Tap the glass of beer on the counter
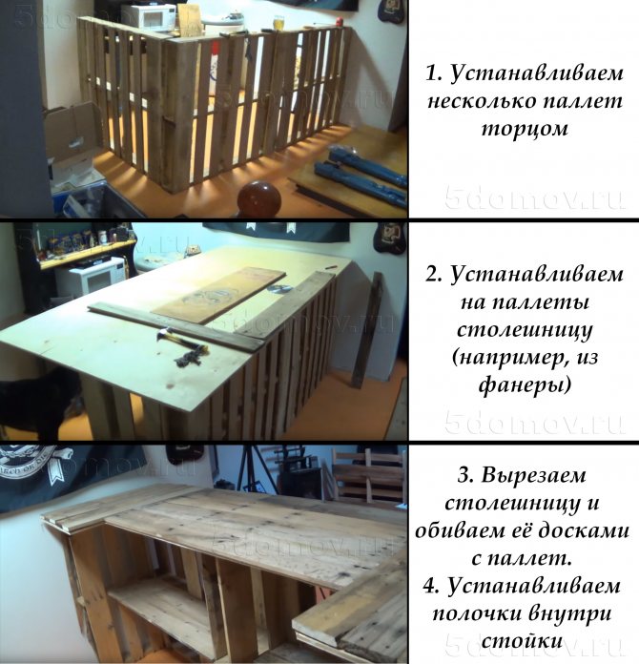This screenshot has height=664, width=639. point(278,23)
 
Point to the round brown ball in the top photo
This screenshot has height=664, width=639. point(258,199)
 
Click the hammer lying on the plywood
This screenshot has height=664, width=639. point(181,342)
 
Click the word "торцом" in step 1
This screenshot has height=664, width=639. point(525,128)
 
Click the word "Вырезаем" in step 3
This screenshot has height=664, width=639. point(533,475)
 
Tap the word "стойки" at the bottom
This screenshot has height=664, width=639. point(525,642)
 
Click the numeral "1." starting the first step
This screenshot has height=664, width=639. point(434,73)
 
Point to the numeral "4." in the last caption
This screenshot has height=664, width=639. point(432,587)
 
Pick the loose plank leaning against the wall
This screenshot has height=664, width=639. point(367,330)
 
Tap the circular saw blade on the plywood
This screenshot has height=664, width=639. point(279,288)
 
